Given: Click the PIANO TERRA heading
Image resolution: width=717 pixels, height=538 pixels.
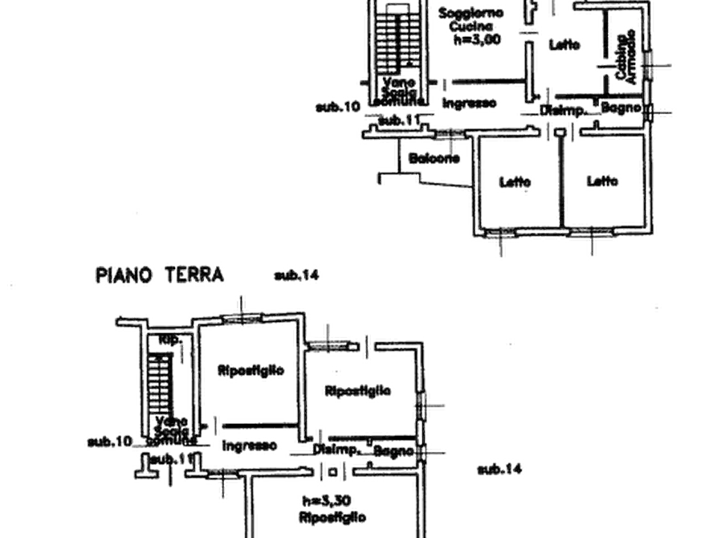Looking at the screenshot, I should pos(159,275).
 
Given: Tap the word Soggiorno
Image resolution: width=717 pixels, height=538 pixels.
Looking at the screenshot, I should pos(471,13).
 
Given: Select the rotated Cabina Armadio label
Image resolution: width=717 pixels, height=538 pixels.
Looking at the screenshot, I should pos(626,55).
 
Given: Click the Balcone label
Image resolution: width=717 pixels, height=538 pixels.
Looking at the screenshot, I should pos(434,159).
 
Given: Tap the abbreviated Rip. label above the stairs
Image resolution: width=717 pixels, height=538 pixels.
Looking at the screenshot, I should pos(169,340).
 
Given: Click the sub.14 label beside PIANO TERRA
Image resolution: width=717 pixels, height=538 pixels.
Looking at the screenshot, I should pos(297,275).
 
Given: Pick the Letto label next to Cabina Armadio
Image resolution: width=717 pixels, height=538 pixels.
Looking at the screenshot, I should pos(566,47).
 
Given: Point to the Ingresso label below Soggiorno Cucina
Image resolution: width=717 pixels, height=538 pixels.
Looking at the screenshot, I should pos(470,103).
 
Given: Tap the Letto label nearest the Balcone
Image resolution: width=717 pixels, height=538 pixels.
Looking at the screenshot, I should pos(515,182).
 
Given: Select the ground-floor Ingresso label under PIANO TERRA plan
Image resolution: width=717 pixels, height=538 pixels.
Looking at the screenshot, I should pos(250,444).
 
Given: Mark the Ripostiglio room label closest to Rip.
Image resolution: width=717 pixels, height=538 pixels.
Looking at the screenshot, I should pos(250,370).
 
